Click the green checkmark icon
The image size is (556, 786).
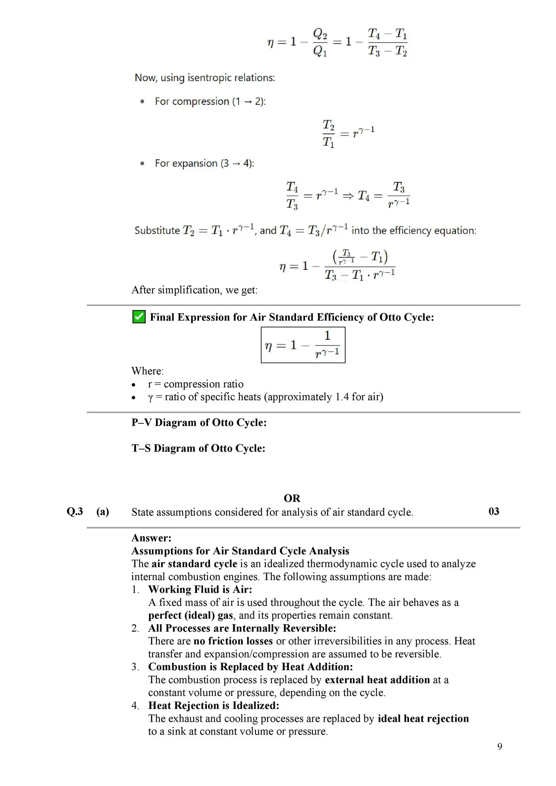[x=139, y=317]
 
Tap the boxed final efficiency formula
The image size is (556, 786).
[x=303, y=345]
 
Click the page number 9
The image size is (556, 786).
[x=499, y=746]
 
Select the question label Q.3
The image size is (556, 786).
[x=75, y=511]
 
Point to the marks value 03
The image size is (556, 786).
[x=494, y=511]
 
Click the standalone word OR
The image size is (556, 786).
[x=292, y=498]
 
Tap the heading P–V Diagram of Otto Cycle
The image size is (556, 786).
[x=199, y=422]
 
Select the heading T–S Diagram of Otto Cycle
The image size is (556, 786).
[x=198, y=448]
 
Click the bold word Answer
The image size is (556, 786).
[x=151, y=538]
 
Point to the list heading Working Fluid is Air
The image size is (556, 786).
[x=200, y=589]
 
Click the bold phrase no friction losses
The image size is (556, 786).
[x=233, y=641]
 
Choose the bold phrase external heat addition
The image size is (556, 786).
[x=377, y=680]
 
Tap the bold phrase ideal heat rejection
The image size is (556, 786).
[x=423, y=718]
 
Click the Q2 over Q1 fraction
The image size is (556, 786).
[x=320, y=42]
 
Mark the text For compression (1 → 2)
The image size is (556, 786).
[x=210, y=102]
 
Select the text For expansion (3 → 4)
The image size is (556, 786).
[x=204, y=163]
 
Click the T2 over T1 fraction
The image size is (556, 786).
[x=328, y=133]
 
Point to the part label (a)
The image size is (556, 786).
[x=103, y=511]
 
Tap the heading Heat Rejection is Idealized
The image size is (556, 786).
[x=213, y=705]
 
